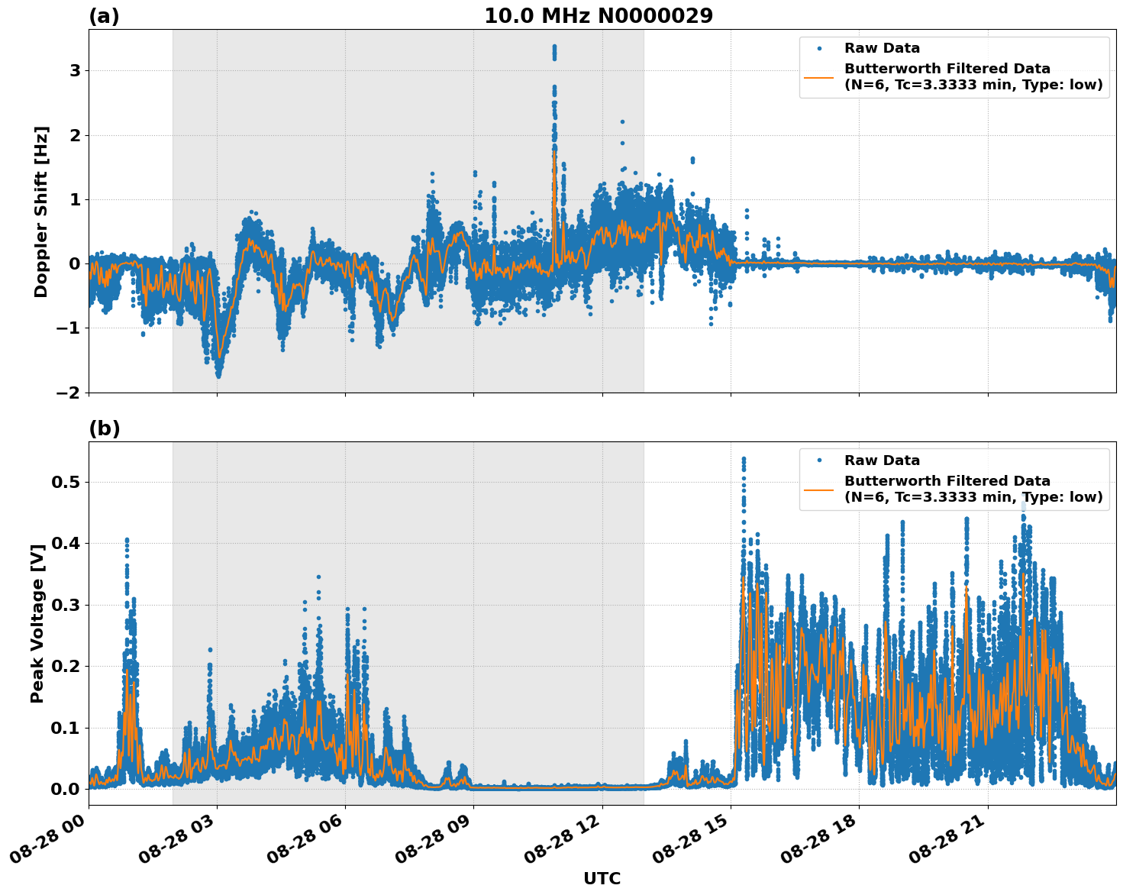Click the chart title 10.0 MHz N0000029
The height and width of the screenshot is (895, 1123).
pyautogui.click(x=599, y=16)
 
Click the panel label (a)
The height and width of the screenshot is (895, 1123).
pyautogui.click(x=104, y=16)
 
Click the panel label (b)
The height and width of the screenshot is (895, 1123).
pyautogui.click(x=105, y=428)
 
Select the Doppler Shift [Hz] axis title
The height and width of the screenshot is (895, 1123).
pyautogui.click(x=41, y=212)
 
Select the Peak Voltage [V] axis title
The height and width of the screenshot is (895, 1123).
pyautogui.click(x=37, y=623)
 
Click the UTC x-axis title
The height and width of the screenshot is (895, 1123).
pyautogui.click(x=602, y=878)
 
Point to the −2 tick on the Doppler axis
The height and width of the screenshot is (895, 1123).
pyautogui.click(x=69, y=393)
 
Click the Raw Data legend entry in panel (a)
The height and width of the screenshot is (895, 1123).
pyautogui.click(x=882, y=49)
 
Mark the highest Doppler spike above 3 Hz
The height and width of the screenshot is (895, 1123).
pyautogui.click(x=554, y=47)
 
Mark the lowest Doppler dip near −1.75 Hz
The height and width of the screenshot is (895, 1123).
pyautogui.click(x=218, y=375)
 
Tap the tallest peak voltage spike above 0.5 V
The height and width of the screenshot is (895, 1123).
pyautogui.click(x=744, y=460)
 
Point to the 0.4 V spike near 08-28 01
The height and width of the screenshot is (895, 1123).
pyautogui.click(x=127, y=541)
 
